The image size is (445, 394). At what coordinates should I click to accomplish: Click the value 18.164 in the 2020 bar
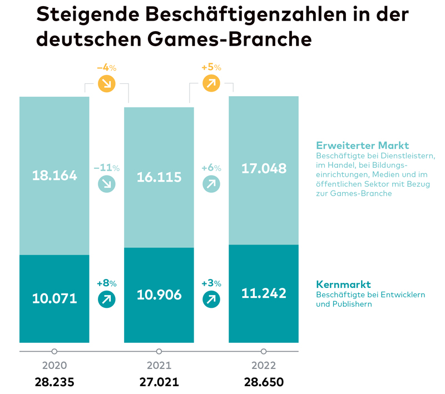54,176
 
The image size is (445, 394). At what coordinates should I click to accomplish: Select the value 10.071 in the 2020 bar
54,299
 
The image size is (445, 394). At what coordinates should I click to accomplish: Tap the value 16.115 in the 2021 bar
159,177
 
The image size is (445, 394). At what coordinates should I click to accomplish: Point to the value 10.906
159,295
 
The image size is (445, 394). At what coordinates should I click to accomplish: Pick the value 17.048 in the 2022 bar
264,168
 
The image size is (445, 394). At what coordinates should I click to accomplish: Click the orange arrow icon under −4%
106,84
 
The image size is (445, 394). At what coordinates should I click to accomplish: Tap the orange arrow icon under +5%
211,84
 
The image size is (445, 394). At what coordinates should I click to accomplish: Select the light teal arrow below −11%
106,184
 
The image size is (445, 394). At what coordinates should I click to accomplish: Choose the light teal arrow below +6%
211,184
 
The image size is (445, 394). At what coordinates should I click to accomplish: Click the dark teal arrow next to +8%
106,300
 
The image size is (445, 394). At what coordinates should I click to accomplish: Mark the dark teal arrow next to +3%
211,300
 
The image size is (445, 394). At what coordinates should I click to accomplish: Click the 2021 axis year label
159,366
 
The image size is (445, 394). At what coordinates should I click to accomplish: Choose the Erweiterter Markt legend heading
362,146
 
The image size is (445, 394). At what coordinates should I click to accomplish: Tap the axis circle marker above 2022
264,351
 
